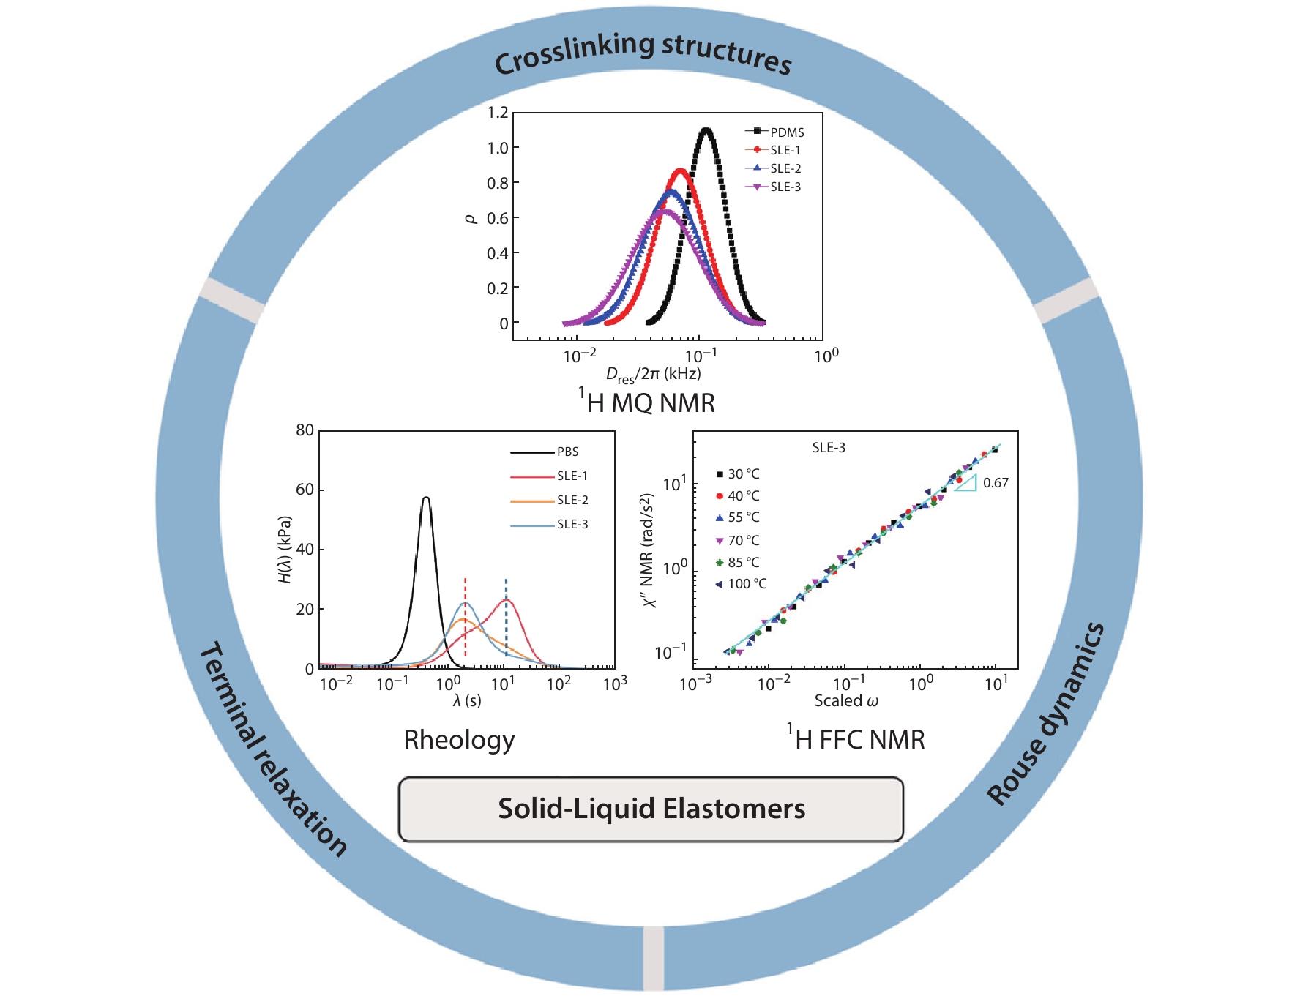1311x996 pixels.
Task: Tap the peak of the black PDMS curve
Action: tap(706, 130)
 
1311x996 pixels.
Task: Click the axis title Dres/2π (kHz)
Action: tap(653, 374)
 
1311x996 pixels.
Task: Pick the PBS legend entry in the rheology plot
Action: tap(567, 452)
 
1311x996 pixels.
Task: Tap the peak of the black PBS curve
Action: tap(426, 498)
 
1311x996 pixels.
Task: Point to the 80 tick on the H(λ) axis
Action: tap(305, 430)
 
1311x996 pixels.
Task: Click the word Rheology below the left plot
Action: tap(459, 740)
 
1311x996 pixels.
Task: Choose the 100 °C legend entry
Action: tap(747, 584)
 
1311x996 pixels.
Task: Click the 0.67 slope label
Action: tap(996, 483)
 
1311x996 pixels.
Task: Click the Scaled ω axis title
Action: tap(846, 700)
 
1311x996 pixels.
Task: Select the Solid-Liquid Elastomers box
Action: tap(651, 809)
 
